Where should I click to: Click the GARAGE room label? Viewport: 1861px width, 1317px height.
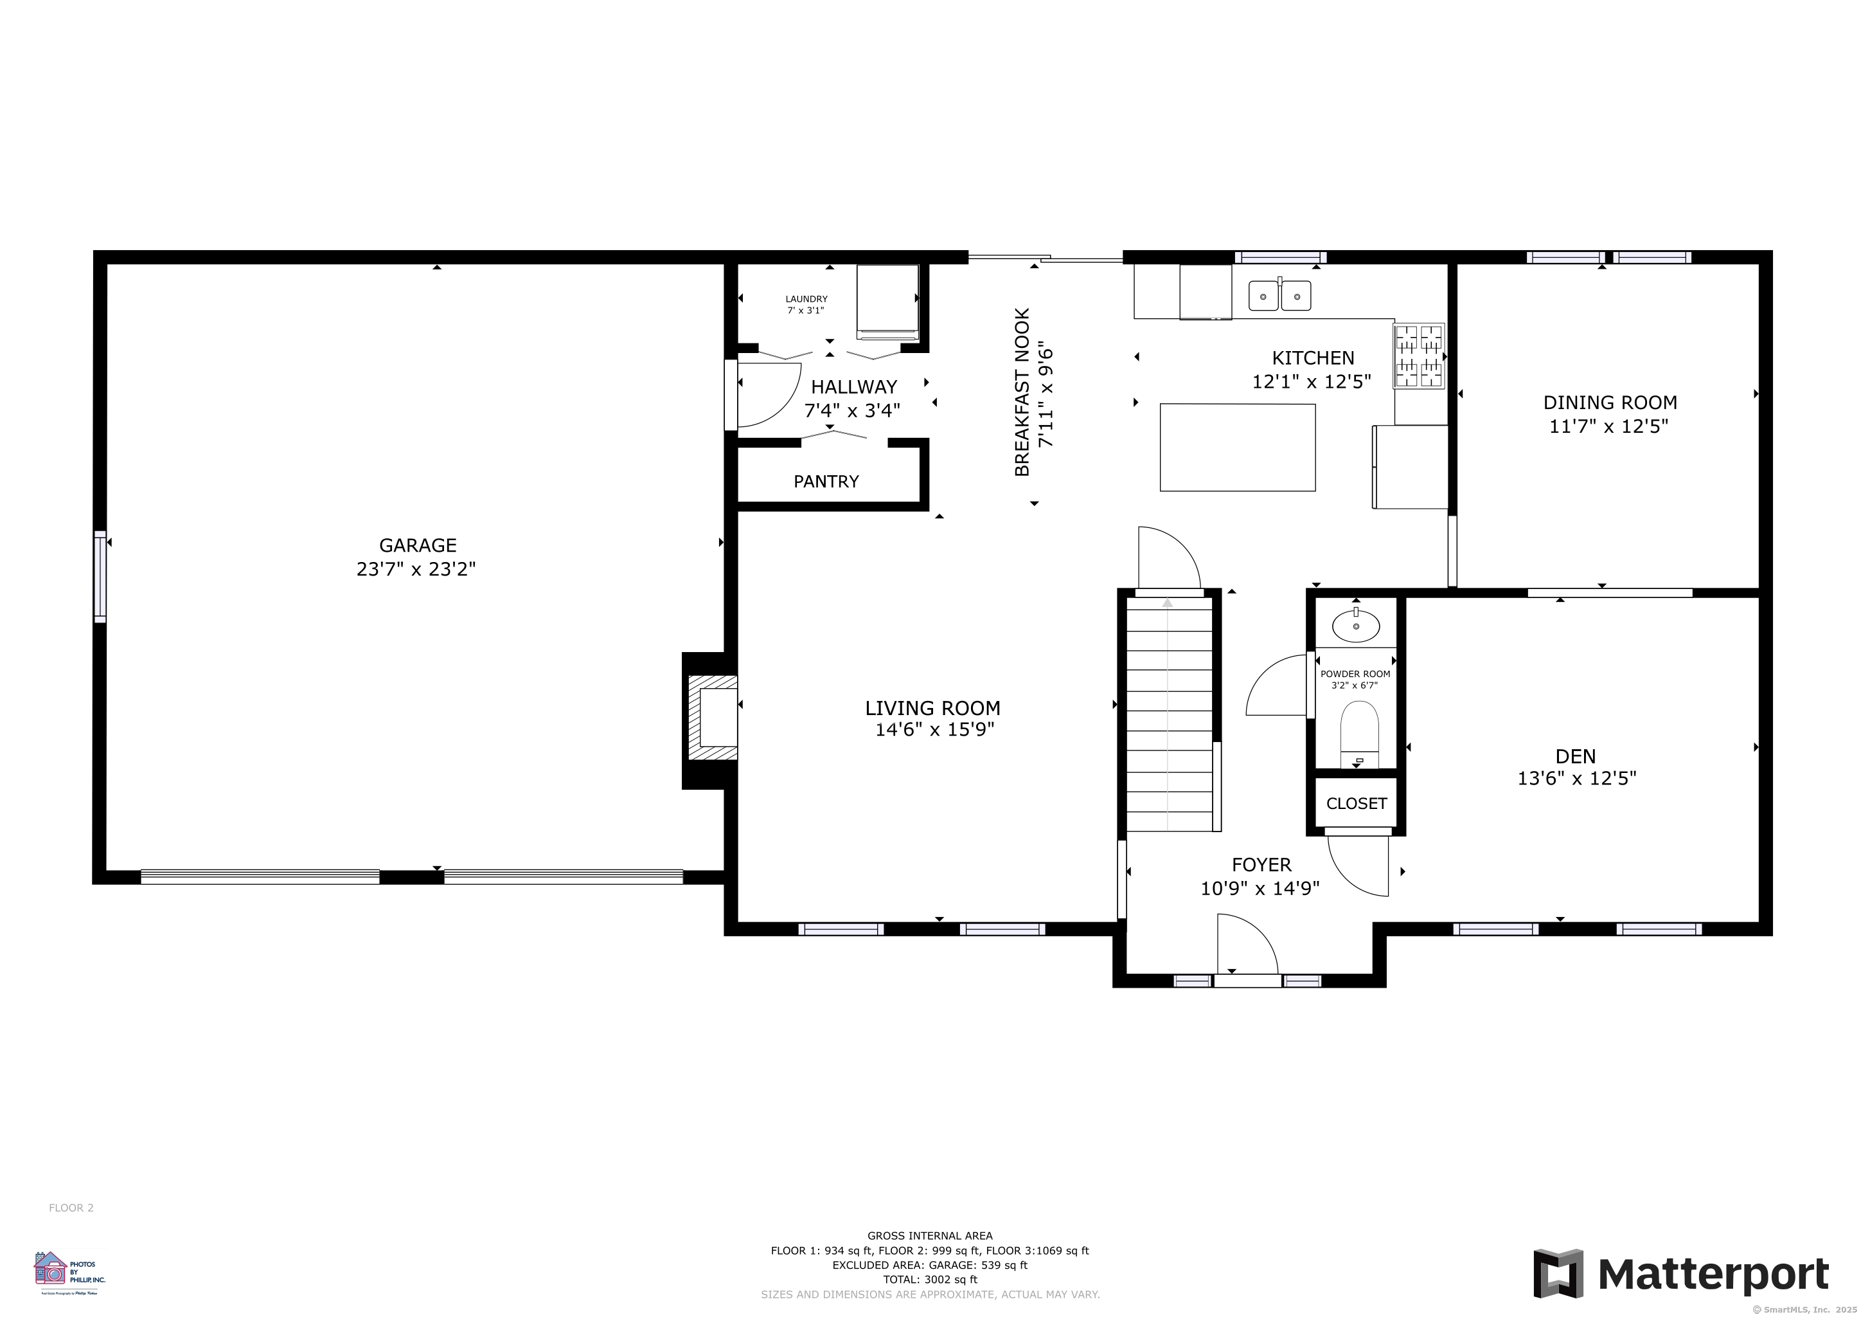(x=418, y=545)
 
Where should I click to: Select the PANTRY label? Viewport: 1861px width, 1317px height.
(x=826, y=482)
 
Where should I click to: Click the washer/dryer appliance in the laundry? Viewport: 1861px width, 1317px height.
(x=887, y=300)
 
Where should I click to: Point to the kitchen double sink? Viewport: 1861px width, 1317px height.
(x=1279, y=296)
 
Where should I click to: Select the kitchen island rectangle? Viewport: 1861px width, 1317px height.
(x=1237, y=448)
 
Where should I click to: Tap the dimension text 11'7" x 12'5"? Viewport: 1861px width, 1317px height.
(x=1609, y=426)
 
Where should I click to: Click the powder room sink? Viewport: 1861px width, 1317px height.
(x=1355, y=625)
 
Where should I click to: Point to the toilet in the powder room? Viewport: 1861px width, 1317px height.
(x=1359, y=732)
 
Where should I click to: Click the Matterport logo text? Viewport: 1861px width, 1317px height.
(x=1713, y=1274)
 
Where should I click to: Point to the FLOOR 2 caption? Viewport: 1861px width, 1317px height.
(x=71, y=1208)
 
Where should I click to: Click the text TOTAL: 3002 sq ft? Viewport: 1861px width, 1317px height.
(x=930, y=1280)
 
